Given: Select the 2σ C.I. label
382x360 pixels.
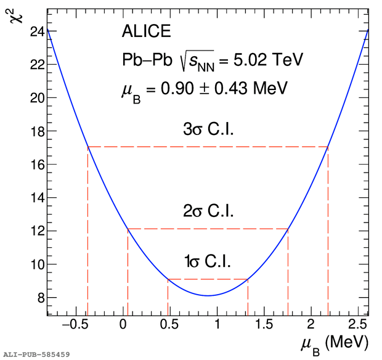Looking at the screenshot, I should tap(208, 213).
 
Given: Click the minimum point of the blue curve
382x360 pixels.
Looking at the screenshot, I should tap(208, 295).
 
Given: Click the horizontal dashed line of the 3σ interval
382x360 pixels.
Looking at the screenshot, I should tap(208, 147).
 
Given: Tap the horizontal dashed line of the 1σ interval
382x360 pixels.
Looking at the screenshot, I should tap(208, 279).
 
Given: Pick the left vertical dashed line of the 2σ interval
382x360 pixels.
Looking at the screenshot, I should tap(128, 271).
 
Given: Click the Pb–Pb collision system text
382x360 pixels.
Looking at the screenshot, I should tap(145, 59).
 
